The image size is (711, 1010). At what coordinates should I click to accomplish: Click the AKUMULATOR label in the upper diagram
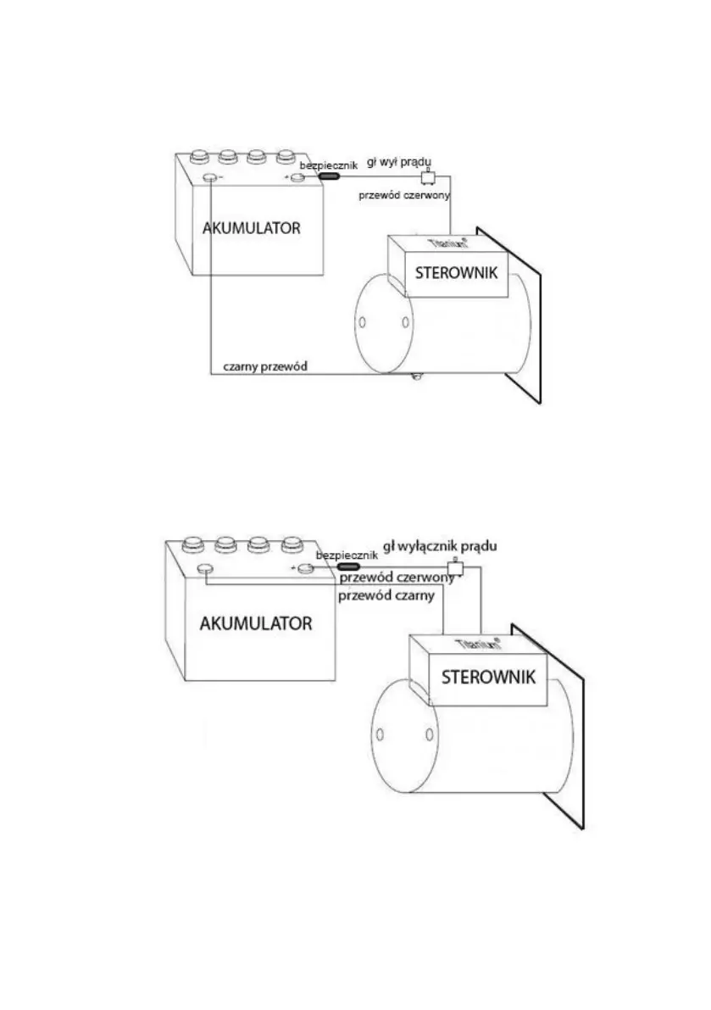[251, 228]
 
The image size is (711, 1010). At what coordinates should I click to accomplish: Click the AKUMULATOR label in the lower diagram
[256, 623]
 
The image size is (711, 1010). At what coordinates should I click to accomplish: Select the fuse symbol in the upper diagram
[328, 176]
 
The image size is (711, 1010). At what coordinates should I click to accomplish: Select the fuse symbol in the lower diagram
[349, 566]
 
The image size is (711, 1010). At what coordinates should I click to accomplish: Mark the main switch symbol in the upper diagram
[429, 176]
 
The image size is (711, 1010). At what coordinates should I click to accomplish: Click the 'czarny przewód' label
[264, 367]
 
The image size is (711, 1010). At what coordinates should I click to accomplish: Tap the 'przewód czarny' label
[386, 595]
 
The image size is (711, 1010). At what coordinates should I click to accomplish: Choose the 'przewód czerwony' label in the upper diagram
[404, 194]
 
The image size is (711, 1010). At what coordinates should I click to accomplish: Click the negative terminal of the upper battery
[209, 177]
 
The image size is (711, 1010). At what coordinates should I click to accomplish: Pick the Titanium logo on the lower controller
[475, 645]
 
